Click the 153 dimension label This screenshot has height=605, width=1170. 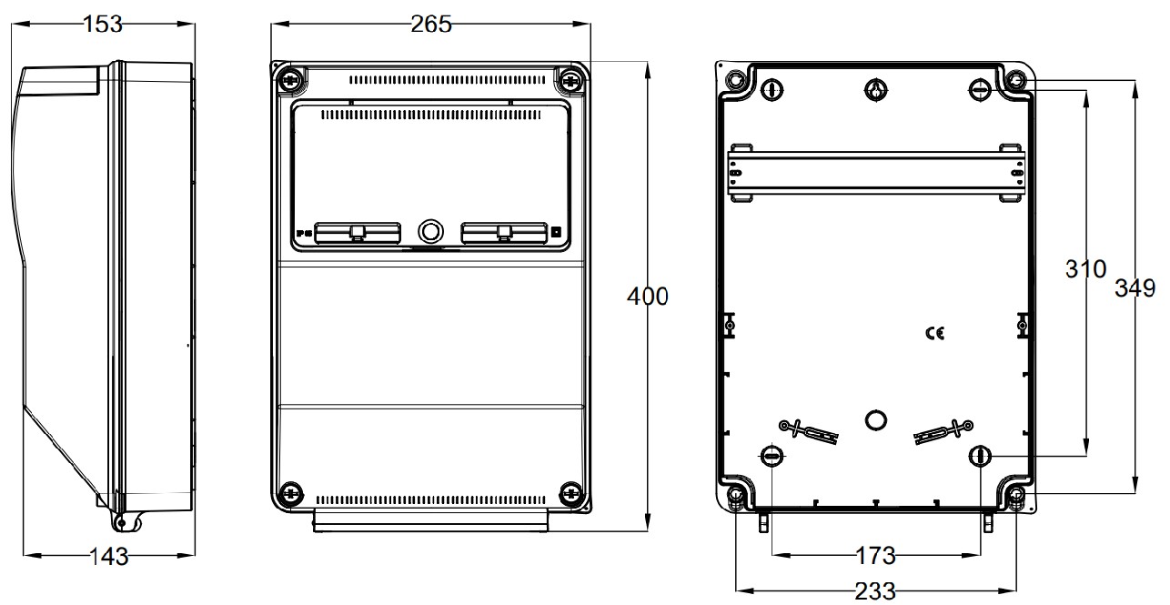click(103, 25)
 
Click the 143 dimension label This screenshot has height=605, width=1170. click(108, 557)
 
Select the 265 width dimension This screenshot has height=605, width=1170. click(430, 25)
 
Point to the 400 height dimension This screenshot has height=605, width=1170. click(647, 296)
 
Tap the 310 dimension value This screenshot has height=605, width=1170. click(1085, 269)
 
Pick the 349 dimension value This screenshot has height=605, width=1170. click(1135, 288)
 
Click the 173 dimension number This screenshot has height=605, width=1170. click(875, 554)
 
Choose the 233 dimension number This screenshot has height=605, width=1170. click(875, 591)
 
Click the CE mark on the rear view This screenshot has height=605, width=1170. click(934, 334)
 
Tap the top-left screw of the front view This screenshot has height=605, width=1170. click(290, 80)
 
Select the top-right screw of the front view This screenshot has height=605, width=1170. click(570, 80)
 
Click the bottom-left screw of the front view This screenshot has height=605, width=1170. click(290, 493)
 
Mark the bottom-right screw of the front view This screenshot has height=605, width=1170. click(570, 493)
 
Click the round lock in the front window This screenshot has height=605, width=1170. click(430, 231)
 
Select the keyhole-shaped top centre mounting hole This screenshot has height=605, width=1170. click(874, 89)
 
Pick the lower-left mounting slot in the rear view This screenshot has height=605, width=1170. click(771, 456)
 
